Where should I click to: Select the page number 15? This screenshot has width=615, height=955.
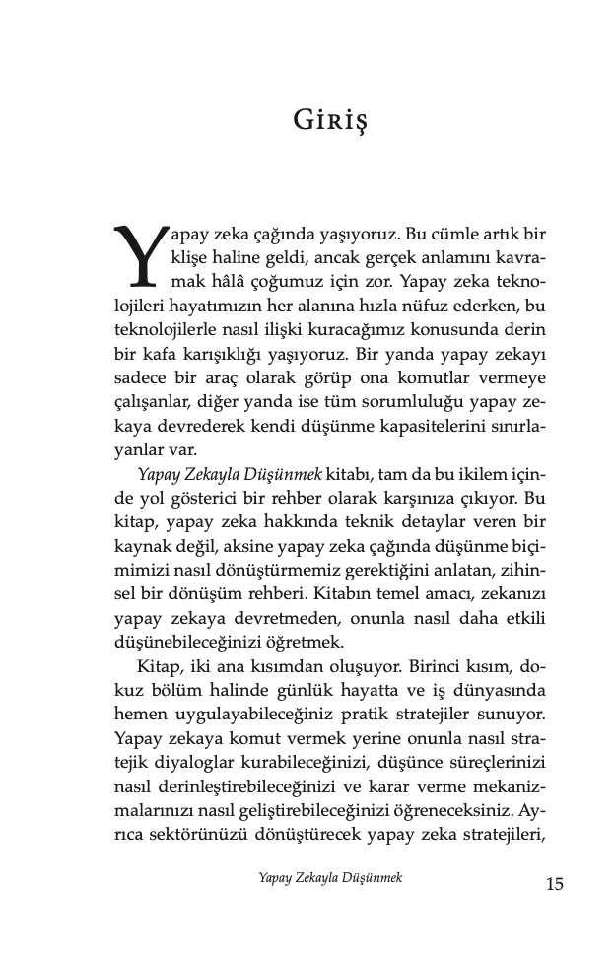pos(554,883)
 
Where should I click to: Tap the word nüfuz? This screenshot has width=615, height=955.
pos(428,307)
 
